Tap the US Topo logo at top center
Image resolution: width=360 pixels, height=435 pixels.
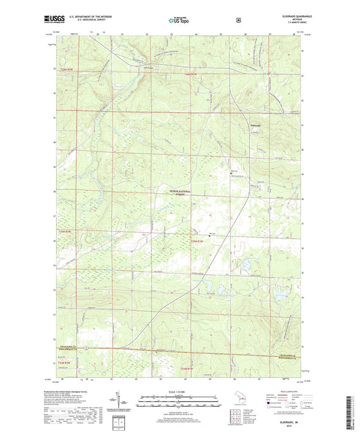tap(179, 20)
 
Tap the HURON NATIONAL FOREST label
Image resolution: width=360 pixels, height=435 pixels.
tap(179, 193)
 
